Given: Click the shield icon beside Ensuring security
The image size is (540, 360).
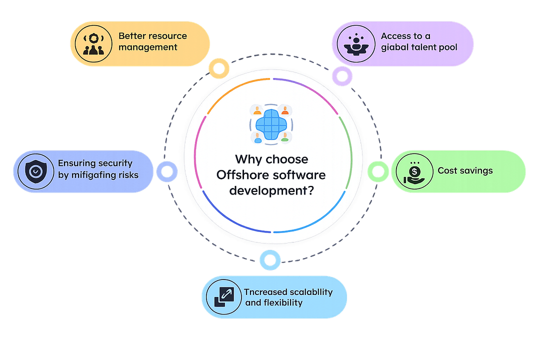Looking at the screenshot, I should pyautogui.click(x=35, y=171).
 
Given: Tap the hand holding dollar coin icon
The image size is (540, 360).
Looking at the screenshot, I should pyautogui.click(x=410, y=171).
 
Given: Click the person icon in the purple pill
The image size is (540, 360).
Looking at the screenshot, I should pyautogui.click(x=355, y=43).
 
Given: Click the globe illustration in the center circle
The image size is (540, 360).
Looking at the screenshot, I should pyautogui.click(x=270, y=123).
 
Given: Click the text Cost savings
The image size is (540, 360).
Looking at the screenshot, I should pyautogui.click(x=465, y=170).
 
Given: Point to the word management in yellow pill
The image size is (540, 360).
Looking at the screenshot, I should pyautogui.click(x=147, y=47).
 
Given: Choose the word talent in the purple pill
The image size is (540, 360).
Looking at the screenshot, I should pyautogui.click(x=424, y=47).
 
